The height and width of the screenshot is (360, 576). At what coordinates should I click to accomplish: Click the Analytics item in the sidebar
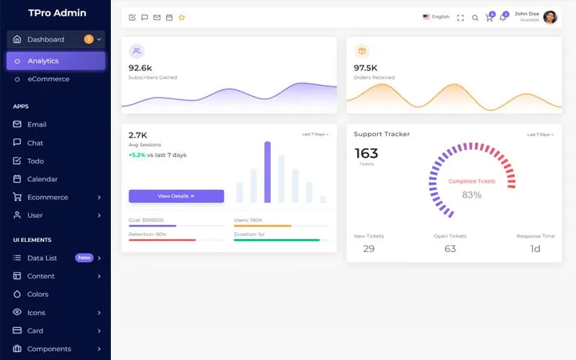43,61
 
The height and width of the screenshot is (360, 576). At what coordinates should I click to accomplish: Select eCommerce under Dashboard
48,79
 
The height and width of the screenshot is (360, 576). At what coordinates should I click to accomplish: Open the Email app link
36,125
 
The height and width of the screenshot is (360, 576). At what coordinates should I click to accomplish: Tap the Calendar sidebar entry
42,179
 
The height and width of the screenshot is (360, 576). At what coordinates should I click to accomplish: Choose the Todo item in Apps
35,161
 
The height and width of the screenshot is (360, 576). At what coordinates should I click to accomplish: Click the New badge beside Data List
84,258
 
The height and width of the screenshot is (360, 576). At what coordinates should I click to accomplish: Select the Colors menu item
37,294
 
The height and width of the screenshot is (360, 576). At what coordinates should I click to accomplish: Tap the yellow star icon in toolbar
181,17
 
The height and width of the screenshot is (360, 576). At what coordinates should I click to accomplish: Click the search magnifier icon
474,17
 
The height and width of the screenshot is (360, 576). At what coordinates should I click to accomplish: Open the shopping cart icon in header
490,17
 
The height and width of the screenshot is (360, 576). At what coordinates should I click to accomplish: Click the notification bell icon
503,17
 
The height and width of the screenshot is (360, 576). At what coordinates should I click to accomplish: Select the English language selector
436,17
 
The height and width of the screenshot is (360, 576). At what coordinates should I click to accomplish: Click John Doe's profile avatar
550,17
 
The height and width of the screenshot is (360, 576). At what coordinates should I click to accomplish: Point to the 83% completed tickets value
472,195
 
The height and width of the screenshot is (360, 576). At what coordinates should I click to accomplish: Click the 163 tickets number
366,153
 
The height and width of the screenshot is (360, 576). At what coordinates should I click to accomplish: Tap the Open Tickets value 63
450,248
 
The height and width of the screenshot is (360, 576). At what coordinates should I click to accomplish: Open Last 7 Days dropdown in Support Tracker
539,135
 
